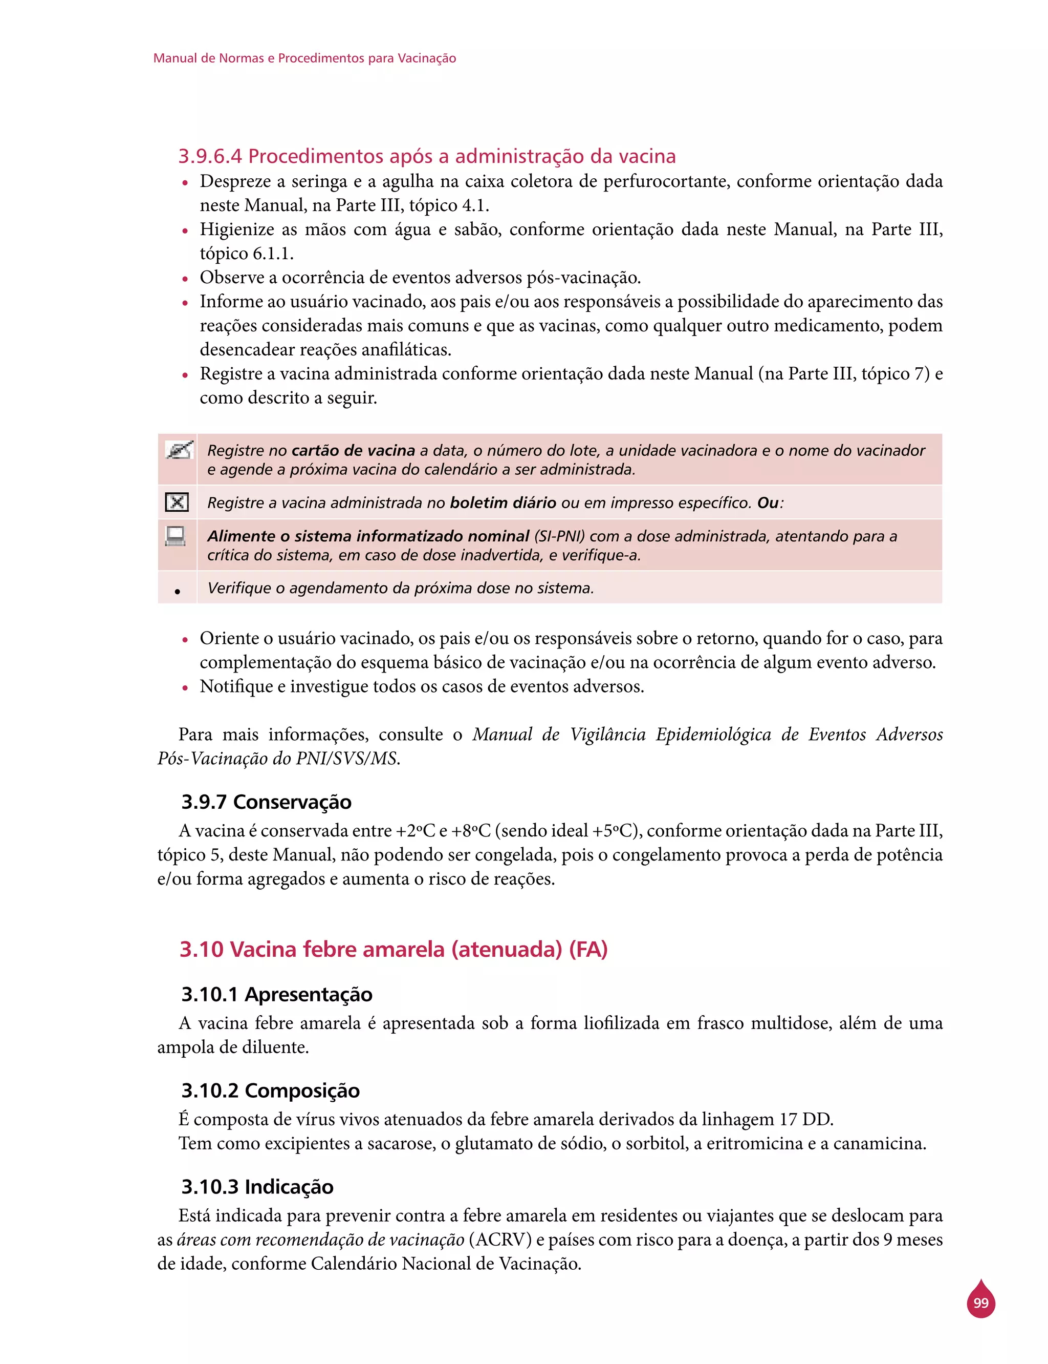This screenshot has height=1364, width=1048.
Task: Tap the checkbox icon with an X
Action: (177, 502)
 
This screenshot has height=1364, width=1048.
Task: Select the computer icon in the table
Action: (176, 536)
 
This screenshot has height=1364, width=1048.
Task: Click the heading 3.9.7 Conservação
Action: (267, 802)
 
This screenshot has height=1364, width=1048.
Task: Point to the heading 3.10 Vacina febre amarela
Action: (393, 949)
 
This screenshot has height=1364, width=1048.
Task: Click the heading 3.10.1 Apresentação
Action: (277, 994)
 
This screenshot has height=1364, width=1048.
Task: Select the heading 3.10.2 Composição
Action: (271, 1090)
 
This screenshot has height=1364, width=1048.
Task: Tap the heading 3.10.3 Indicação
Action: (257, 1186)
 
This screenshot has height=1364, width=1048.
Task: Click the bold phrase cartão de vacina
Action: (353, 450)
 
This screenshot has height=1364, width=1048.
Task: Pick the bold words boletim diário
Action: (503, 502)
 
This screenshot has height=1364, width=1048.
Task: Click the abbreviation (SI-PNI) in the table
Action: (559, 536)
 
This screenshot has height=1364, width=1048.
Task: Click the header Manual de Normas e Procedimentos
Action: (304, 58)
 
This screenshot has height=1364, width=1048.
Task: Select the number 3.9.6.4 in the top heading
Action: (210, 156)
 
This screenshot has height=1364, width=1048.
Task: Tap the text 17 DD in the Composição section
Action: (806, 1119)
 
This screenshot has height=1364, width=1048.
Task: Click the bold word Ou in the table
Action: (768, 502)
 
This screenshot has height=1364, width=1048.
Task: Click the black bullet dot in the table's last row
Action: (178, 591)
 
